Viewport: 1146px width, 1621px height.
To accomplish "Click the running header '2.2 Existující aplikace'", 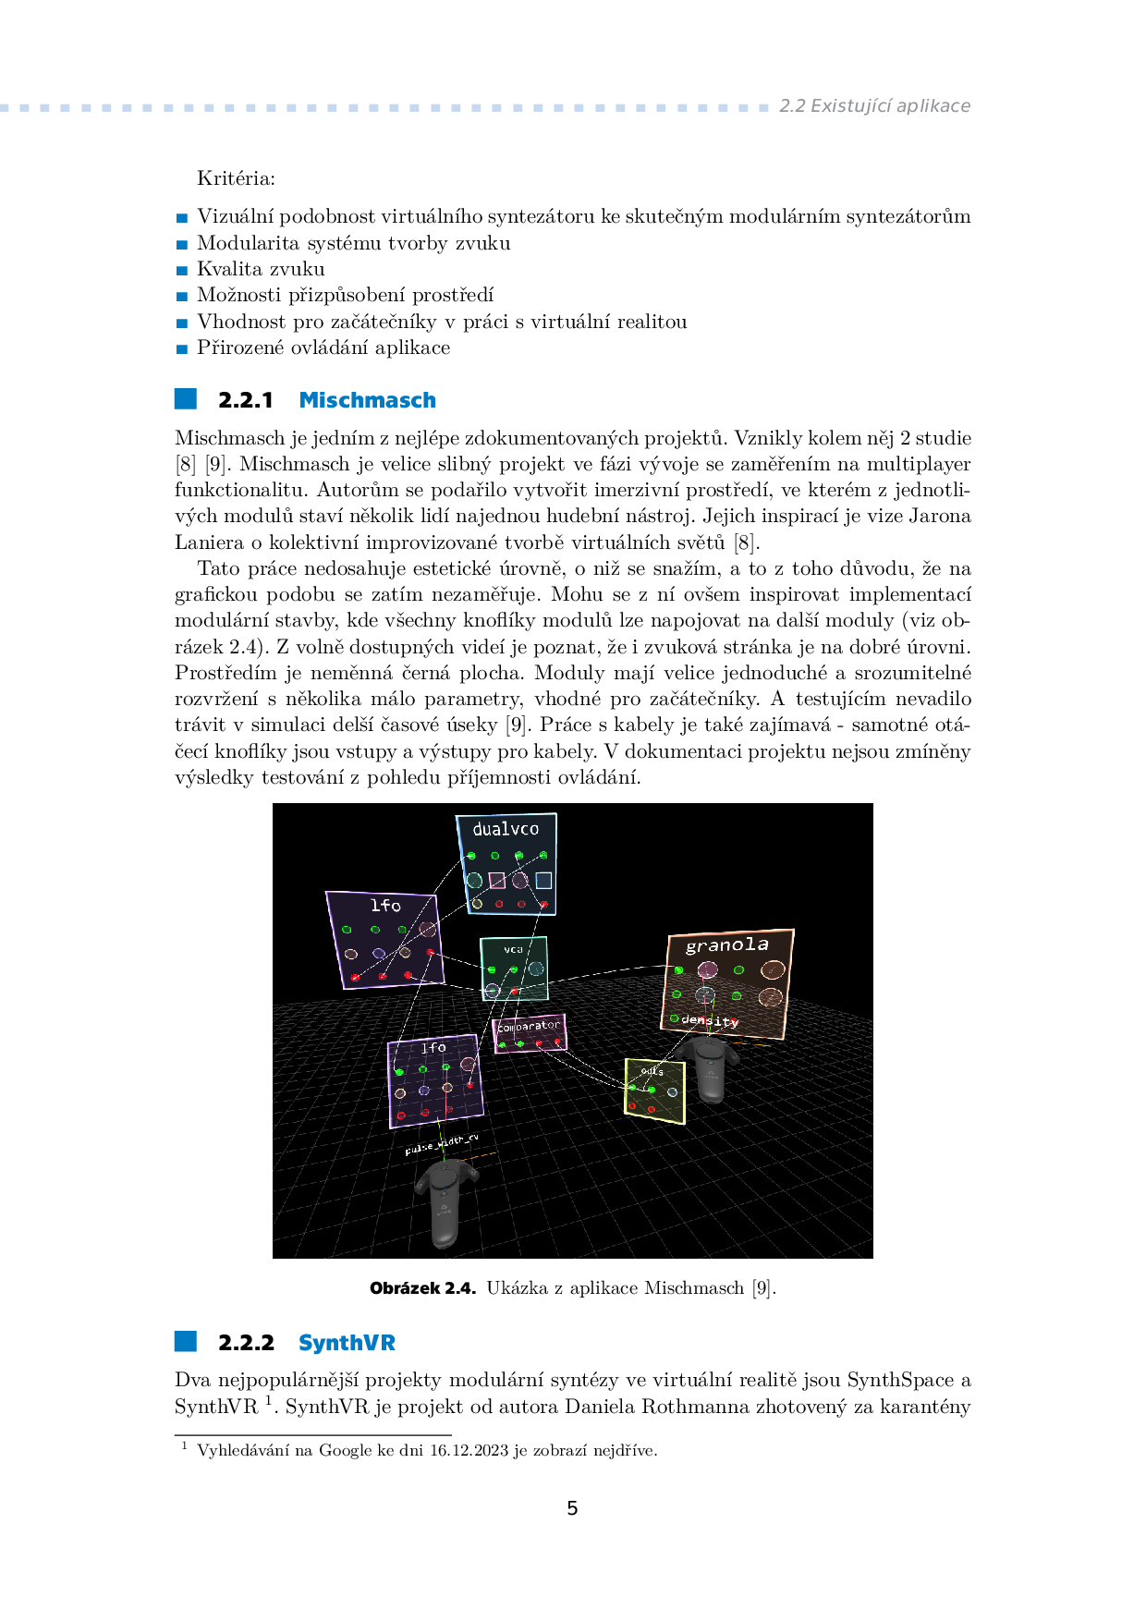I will pyautogui.click(x=874, y=106).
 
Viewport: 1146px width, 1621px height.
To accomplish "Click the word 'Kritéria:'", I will pyautogui.click(x=236, y=178).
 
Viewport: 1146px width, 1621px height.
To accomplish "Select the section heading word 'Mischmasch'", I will pyautogui.click(x=367, y=400).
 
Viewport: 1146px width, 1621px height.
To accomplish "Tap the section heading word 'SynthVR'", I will pyautogui.click(x=347, y=1343).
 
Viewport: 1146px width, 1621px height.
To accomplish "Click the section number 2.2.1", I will pyautogui.click(x=246, y=400).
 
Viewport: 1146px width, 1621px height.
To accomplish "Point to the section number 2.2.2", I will pyautogui.click(x=246, y=1343).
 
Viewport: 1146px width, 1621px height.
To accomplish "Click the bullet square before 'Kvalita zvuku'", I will pyautogui.click(x=182, y=271).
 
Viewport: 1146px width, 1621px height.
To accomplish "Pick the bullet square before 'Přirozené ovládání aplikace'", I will pyautogui.click(x=182, y=349).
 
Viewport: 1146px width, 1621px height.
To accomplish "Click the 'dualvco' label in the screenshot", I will pyautogui.click(x=506, y=829).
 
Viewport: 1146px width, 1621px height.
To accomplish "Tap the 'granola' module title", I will pyautogui.click(x=726, y=945).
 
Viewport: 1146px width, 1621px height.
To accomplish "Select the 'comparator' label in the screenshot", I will pyautogui.click(x=529, y=1026).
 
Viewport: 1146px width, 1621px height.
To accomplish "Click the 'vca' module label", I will pyautogui.click(x=513, y=949).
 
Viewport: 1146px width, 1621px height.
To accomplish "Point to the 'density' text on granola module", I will pyautogui.click(x=710, y=1020).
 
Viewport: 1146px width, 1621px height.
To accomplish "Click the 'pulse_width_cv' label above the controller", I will pyautogui.click(x=442, y=1144).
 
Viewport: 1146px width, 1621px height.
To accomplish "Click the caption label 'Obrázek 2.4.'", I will pyautogui.click(x=422, y=1288).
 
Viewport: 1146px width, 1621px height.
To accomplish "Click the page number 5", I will pyautogui.click(x=572, y=1508).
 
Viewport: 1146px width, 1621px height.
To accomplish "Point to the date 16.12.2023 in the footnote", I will pyautogui.click(x=469, y=1451).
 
